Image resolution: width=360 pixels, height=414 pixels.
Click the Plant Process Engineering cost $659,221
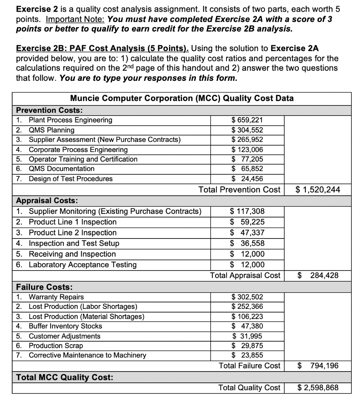247,120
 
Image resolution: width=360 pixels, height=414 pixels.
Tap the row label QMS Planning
51,130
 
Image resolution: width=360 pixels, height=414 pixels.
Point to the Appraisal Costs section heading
47,200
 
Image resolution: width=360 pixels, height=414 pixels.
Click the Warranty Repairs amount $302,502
247,297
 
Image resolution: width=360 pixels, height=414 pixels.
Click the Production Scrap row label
56,346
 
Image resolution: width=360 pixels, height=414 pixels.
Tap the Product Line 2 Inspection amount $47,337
247,233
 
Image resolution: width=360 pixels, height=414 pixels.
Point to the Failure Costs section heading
44,287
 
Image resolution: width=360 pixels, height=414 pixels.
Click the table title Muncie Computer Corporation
182,98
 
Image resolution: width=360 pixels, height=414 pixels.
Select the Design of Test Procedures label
70,179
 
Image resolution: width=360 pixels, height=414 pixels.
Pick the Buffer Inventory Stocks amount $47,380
247,326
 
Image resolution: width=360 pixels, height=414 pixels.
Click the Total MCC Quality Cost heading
64,377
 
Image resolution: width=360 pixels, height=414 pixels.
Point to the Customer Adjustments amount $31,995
247,336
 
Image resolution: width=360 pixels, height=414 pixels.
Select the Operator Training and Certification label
83,159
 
